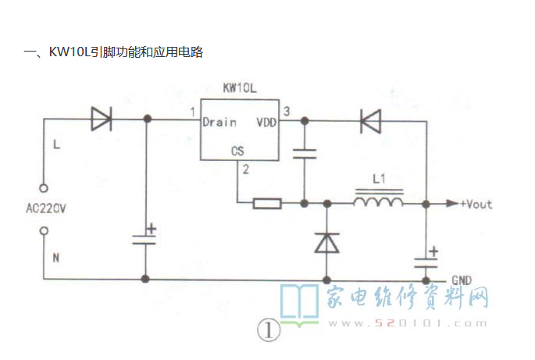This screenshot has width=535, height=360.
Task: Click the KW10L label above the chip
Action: click(x=240, y=88)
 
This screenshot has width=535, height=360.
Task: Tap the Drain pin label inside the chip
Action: click(x=219, y=122)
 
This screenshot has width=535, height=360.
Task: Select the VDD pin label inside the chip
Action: click(x=266, y=122)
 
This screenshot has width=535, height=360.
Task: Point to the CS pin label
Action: click(x=237, y=151)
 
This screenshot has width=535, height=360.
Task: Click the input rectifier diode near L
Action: click(x=102, y=119)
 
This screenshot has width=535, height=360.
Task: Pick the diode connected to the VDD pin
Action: click(x=370, y=121)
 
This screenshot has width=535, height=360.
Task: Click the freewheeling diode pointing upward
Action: click(x=327, y=243)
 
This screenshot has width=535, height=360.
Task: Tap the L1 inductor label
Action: click(x=379, y=179)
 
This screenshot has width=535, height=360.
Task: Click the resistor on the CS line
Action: click(x=267, y=204)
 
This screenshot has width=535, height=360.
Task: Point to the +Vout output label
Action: click(x=476, y=205)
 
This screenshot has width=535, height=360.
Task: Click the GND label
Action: click(x=462, y=280)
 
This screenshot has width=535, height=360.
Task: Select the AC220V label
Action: click(x=46, y=209)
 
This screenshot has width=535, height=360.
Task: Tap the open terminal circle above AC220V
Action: click(x=44, y=188)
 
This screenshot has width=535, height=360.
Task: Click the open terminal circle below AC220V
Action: click(x=44, y=231)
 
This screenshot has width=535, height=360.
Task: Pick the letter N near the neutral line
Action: click(x=56, y=258)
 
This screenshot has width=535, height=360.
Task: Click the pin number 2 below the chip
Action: click(x=246, y=169)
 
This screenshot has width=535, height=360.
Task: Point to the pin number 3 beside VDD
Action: click(x=287, y=111)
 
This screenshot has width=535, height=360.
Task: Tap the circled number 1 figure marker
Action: click(x=269, y=330)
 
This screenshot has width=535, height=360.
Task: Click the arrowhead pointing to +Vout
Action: click(x=452, y=204)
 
